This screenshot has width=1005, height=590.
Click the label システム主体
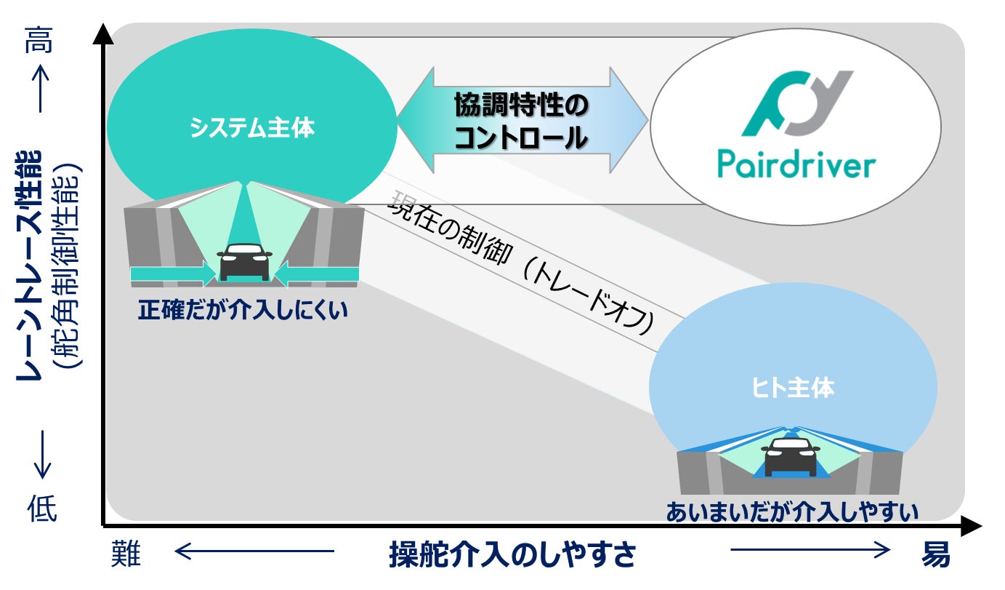(x=252, y=128)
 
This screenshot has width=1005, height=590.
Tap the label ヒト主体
(x=793, y=388)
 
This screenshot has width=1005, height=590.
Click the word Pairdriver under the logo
(x=796, y=164)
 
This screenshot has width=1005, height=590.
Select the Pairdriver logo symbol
(x=796, y=103)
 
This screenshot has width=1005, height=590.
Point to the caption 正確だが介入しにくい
(x=243, y=311)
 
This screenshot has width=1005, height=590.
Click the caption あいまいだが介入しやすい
(x=792, y=511)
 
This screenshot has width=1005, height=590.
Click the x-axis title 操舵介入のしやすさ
(x=512, y=555)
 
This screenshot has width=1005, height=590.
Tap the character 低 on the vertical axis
(x=41, y=507)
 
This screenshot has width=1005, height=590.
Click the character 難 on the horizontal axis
(x=125, y=555)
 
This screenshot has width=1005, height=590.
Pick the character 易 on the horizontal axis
(x=935, y=555)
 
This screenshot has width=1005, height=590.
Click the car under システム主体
(x=245, y=261)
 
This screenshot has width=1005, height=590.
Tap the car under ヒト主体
(x=790, y=456)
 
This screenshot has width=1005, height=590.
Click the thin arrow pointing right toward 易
(x=810, y=551)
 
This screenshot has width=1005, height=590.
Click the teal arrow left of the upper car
(x=174, y=274)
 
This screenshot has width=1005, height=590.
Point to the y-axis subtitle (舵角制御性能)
(x=70, y=266)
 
